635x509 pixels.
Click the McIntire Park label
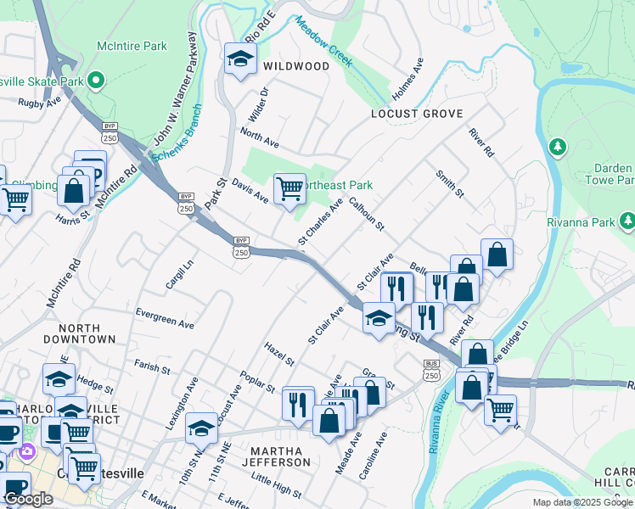coord(132,46)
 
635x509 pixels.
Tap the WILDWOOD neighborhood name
coord(296,66)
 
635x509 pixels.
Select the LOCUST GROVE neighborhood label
coord(417,114)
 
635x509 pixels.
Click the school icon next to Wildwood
coord(240,59)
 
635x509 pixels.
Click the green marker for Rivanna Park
coord(627,221)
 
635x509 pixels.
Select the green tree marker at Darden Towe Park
coord(558,148)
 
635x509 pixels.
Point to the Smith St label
coord(450,184)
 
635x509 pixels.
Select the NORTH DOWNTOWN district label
coord(87,333)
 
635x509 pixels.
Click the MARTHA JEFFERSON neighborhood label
coord(276,456)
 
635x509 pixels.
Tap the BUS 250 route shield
coord(431,370)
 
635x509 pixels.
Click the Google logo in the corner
coord(28,499)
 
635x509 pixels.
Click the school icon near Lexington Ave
coord(201,428)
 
